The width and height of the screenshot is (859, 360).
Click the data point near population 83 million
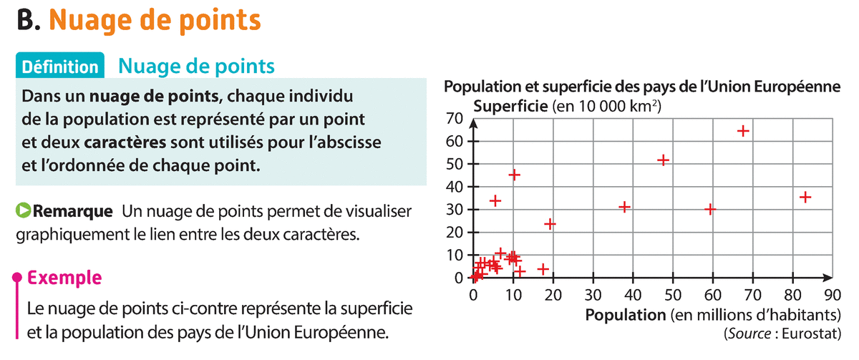(805, 197)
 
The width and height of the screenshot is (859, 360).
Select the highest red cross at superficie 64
(743, 131)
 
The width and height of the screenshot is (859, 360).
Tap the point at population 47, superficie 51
(663, 160)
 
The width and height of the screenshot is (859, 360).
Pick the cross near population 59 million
(710, 209)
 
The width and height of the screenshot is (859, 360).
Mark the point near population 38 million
(624, 207)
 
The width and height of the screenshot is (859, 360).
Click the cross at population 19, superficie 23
(550, 224)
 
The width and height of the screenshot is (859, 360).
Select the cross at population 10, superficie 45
(514, 175)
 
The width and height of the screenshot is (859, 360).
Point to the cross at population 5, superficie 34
(495, 201)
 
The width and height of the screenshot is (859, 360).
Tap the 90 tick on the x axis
(831, 294)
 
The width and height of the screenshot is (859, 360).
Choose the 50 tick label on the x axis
(672, 294)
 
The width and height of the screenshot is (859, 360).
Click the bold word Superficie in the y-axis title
(509, 106)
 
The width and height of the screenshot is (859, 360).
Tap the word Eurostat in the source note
(812, 333)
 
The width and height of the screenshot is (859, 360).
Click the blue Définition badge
(60, 67)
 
